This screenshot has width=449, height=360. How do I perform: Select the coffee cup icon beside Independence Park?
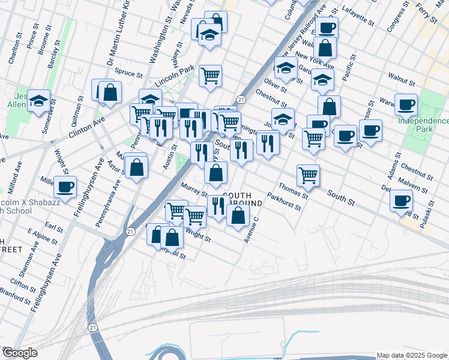click(406, 104)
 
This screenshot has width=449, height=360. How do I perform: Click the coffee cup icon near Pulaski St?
click(401, 200)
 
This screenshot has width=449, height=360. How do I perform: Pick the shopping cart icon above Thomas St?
click(308, 175)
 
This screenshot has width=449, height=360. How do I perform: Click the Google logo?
click(20, 353)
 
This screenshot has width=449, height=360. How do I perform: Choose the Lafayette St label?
click(356, 13)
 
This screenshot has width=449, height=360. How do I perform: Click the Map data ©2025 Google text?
click(411, 355)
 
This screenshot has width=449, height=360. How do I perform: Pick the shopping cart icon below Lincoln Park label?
click(210, 76)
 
